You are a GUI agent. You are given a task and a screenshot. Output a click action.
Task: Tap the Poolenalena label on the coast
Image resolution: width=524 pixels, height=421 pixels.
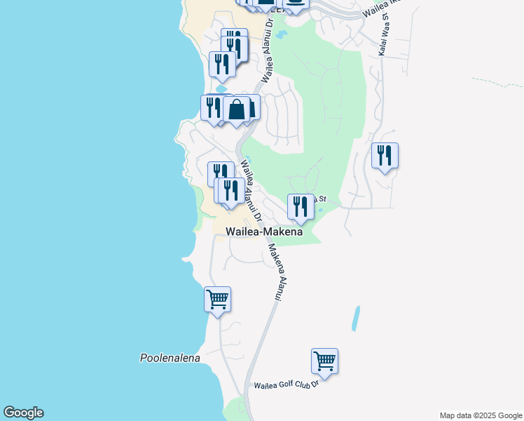click(170, 358)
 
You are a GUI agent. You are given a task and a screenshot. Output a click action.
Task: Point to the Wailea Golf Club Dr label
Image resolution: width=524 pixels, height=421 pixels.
click(287, 385)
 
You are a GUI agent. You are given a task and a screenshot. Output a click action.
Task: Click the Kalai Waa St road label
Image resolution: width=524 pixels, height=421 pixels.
click(384, 34)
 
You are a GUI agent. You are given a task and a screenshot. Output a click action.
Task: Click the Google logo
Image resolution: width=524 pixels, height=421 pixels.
click(23, 413)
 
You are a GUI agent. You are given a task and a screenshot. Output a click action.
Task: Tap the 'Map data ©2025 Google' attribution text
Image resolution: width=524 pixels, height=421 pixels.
click(481, 415)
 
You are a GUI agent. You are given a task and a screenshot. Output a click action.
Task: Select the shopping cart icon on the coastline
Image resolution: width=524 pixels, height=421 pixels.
click(217, 300)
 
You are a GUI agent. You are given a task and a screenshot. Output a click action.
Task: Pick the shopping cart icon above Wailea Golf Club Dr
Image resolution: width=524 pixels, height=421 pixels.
click(324, 361)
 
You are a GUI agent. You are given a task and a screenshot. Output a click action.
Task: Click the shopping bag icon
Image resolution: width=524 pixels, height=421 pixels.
click(237, 109)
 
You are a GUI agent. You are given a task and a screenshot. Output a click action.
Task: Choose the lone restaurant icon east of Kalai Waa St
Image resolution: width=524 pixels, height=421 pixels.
click(385, 155)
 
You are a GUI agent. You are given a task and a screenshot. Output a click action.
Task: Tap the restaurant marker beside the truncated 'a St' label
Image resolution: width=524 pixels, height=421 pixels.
click(301, 206)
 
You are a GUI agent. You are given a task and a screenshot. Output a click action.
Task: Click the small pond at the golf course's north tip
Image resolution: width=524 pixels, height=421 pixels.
click(282, 34)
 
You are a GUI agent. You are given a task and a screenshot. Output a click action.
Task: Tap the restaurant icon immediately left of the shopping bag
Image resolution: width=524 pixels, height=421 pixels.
click(213, 107)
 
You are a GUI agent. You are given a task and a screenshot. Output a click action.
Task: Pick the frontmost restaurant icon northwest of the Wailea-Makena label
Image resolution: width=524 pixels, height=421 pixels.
click(230, 190)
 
